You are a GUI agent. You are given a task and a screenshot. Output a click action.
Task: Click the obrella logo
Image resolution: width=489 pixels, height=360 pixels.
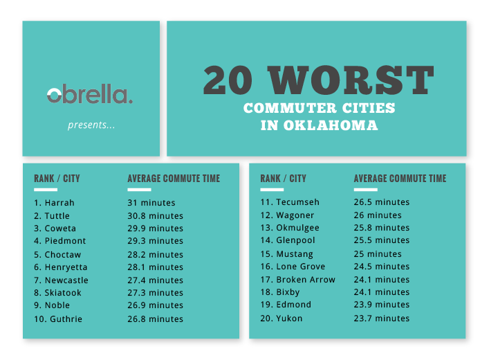(x=90, y=93)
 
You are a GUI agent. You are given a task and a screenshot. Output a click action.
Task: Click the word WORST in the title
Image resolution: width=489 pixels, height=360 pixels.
(x=351, y=80)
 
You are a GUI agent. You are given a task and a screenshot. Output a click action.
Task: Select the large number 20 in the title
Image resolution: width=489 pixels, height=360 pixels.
(x=228, y=80)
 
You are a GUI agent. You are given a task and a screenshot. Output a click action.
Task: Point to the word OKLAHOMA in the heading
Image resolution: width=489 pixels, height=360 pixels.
(x=331, y=125)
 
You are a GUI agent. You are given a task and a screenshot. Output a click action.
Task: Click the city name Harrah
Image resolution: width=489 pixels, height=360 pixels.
(x=59, y=203)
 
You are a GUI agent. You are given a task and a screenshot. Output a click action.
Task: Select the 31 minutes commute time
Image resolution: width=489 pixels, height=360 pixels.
(x=151, y=203)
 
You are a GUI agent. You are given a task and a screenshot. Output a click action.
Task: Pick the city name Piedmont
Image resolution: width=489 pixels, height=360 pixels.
(x=65, y=241)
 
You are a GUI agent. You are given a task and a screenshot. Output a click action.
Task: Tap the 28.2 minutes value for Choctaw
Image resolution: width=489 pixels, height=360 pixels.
(x=156, y=255)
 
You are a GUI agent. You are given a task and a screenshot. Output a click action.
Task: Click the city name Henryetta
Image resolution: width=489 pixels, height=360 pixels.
(x=66, y=267)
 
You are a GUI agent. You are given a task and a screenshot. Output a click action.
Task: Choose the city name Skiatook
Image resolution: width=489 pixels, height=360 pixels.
(x=63, y=293)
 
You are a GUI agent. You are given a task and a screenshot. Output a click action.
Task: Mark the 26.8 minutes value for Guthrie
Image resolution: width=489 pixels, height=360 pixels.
(x=156, y=318)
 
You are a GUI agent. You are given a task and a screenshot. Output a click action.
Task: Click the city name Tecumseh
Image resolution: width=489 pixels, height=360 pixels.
(x=298, y=202)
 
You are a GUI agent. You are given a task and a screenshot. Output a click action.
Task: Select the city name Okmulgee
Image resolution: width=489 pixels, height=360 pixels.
(x=298, y=228)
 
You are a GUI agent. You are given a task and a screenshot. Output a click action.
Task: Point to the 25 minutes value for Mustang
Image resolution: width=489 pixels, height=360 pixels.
(x=378, y=254)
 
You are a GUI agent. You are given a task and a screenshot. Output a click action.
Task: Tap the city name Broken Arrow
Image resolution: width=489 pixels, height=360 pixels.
(x=306, y=280)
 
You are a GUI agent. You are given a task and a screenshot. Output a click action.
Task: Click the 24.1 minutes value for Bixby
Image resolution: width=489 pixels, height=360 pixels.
(x=382, y=292)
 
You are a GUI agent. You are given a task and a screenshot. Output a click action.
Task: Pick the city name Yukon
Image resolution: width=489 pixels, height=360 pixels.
(x=289, y=318)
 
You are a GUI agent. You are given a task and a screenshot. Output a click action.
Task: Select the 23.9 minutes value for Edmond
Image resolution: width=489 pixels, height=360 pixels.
(x=382, y=305)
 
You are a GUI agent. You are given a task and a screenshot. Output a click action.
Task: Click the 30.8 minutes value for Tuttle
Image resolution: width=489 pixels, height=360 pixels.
(x=156, y=216)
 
